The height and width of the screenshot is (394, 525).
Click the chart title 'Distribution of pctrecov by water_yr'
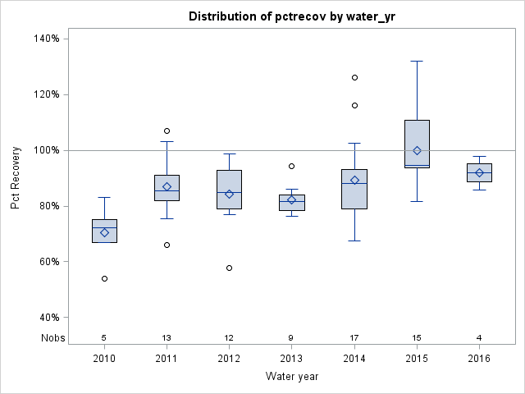(x=291, y=16)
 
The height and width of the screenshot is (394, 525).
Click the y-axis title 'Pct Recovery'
(x=16, y=178)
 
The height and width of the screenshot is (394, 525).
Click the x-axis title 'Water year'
(x=291, y=376)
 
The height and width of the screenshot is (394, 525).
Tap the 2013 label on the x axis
(x=291, y=358)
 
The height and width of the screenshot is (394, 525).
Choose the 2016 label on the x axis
(x=479, y=358)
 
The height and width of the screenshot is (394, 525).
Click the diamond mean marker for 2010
(x=104, y=232)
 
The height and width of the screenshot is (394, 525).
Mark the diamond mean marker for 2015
(x=417, y=150)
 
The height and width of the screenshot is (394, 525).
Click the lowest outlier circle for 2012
(x=229, y=268)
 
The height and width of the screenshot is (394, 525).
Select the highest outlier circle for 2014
(x=354, y=77)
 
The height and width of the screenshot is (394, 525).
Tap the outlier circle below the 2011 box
(x=167, y=245)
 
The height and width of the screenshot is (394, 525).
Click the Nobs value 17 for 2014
(x=354, y=337)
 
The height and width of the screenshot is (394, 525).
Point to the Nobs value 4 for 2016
(x=479, y=337)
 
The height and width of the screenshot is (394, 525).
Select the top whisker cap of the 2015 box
(x=417, y=61)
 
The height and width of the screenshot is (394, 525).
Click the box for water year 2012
(x=229, y=189)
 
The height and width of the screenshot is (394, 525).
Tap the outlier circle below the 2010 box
(x=104, y=278)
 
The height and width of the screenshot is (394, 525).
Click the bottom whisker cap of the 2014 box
(x=354, y=241)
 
